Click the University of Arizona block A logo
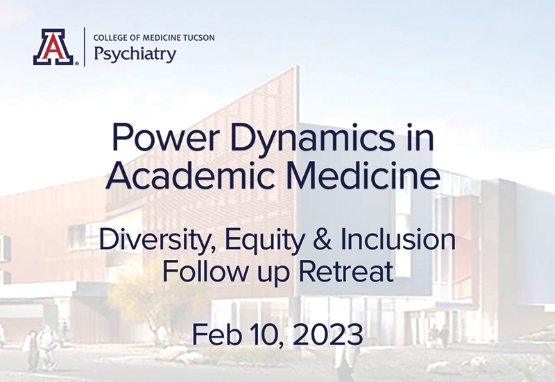(x=54, y=47)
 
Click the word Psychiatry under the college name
(x=135, y=54)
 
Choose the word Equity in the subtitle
(x=264, y=241)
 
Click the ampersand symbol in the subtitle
(x=322, y=239)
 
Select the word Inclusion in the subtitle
(x=398, y=239)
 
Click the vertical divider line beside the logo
(x=84, y=47)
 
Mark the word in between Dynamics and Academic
(x=421, y=137)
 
